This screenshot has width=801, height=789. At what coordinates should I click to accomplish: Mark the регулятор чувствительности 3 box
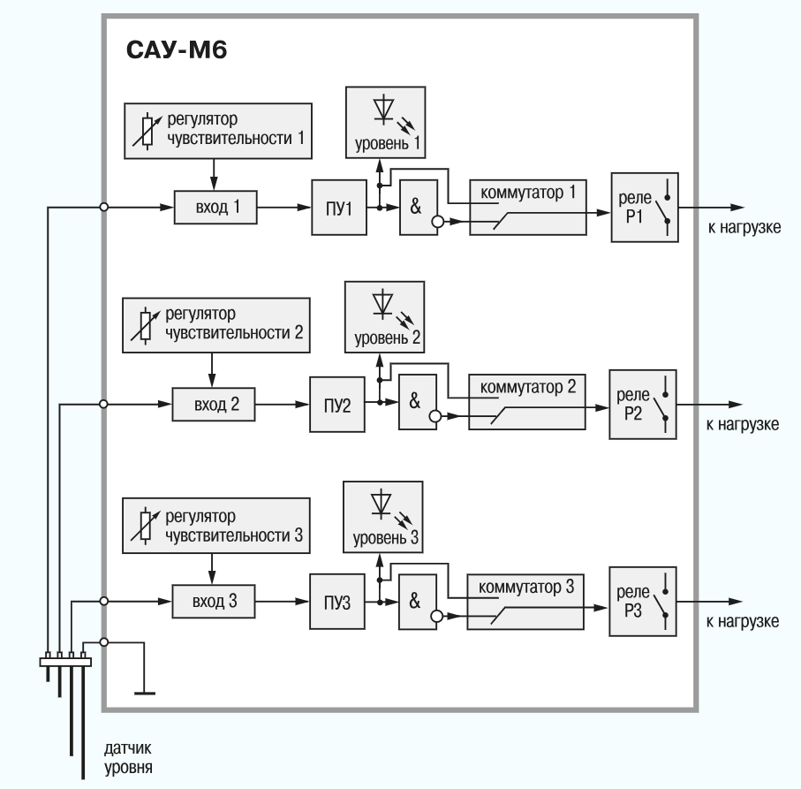(216, 527)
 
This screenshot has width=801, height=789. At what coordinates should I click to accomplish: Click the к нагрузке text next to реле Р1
(744, 229)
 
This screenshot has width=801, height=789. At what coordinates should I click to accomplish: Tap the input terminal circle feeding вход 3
(104, 601)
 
